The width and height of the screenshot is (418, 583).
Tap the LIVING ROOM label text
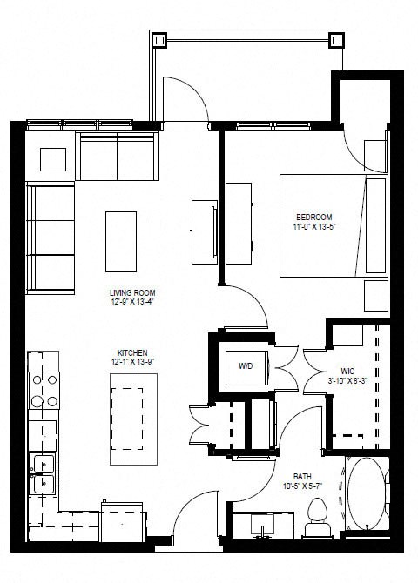point(131,292)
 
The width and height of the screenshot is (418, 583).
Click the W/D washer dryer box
point(247,366)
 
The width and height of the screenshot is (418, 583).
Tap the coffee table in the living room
point(121,241)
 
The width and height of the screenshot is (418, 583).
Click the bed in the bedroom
point(332,225)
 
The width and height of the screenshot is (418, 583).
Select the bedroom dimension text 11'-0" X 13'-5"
point(314,227)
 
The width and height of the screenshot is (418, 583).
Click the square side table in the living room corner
point(53,159)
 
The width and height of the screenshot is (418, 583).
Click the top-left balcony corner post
point(158,39)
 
